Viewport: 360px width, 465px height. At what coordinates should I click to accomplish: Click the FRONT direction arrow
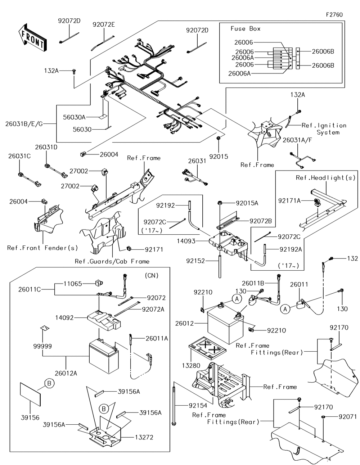point(32,37)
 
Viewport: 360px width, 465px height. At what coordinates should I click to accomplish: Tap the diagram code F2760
point(334,15)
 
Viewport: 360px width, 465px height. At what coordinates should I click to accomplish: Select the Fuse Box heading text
point(246,29)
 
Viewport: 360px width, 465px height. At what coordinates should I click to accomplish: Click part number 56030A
point(74,117)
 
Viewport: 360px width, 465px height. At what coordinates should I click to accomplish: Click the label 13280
point(191,366)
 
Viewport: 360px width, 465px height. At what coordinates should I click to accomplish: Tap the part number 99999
point(42,346)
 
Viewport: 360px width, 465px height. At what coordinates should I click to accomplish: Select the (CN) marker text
point(152,275)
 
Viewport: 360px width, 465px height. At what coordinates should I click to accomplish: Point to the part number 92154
point(198,405)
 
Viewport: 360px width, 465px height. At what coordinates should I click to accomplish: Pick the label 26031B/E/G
point(24,124)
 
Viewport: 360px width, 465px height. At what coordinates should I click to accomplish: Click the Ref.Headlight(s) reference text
point(325,178)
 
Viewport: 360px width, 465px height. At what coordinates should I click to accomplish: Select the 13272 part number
point(144,437)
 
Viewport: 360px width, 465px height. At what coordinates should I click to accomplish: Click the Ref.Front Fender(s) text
point(42,248)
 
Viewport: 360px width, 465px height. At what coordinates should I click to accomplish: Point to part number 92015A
point(247,203)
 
